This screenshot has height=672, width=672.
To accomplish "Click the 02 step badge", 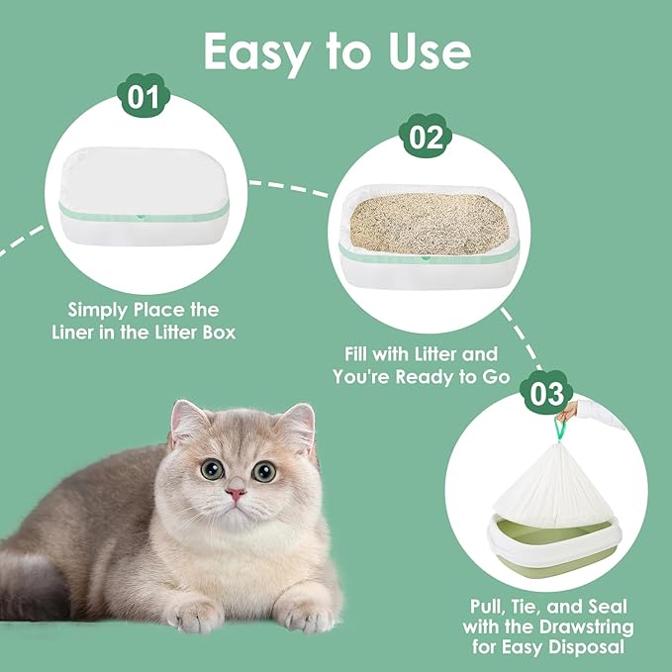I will point(427,138).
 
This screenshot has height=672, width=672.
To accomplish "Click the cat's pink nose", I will point(235,491).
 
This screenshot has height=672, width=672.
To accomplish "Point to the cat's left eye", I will point(212,469).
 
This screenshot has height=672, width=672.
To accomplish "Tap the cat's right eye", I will point(263,471).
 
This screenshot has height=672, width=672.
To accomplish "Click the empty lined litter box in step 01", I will point(144,203).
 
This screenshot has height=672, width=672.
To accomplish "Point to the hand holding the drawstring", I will point(571,410).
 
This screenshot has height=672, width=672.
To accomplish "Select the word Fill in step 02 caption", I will point(362,353).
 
